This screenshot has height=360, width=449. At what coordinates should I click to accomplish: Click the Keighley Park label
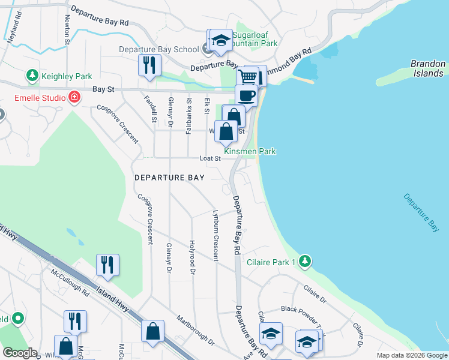click(66, 76)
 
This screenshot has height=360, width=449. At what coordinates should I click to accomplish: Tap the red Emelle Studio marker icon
click(74, 97)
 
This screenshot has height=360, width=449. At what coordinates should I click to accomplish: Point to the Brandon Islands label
click(427, 68)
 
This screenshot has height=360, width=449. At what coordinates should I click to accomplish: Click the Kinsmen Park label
click(250, 152)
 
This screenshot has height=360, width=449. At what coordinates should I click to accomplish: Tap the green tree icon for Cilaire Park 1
click(306, 261)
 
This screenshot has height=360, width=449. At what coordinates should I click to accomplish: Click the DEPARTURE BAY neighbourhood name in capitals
click(169, 178)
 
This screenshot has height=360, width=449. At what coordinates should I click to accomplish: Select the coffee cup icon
click(246, 94)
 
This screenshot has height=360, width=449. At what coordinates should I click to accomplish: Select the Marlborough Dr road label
click(195, 331)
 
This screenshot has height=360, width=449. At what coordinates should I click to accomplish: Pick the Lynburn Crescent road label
click(215, 235)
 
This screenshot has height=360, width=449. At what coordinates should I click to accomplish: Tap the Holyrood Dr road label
click(193, 256)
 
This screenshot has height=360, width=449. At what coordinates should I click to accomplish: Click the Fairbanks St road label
click(188, 115)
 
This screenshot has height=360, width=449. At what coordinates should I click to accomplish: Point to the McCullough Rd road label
click(70, 282)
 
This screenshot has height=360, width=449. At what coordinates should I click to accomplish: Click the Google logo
click(20, 353)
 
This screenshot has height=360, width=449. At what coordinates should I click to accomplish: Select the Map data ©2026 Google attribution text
click(411, 355)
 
